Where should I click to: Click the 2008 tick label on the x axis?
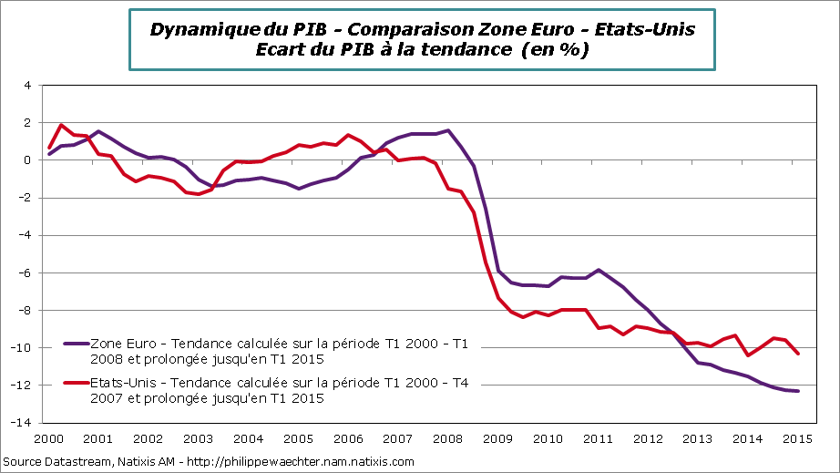[446, 437]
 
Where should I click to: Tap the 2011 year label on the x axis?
[597, 437]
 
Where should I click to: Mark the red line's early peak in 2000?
[61, 125]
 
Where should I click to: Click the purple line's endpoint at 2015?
[798, 391]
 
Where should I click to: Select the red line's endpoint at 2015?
[798, 354]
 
